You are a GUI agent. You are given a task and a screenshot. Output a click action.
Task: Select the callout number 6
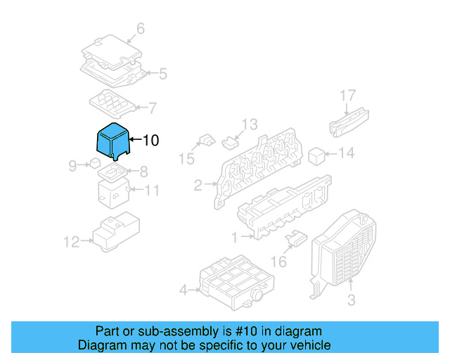(140, 29)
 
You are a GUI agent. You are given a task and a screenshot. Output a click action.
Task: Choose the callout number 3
(351, 300)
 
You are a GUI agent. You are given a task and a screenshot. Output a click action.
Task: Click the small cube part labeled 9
(94, 164)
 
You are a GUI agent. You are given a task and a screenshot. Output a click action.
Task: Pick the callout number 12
(72, 242)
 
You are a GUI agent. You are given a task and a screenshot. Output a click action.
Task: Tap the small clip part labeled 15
(205, 141)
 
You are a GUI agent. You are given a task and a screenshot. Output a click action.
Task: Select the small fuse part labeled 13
(229, 143)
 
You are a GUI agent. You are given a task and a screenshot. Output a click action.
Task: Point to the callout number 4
(184, 289)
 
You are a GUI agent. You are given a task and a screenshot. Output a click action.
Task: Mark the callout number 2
(198, 186)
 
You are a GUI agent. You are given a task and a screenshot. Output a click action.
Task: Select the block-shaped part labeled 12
(116, 231)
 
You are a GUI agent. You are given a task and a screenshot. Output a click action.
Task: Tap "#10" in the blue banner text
(245, 331)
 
